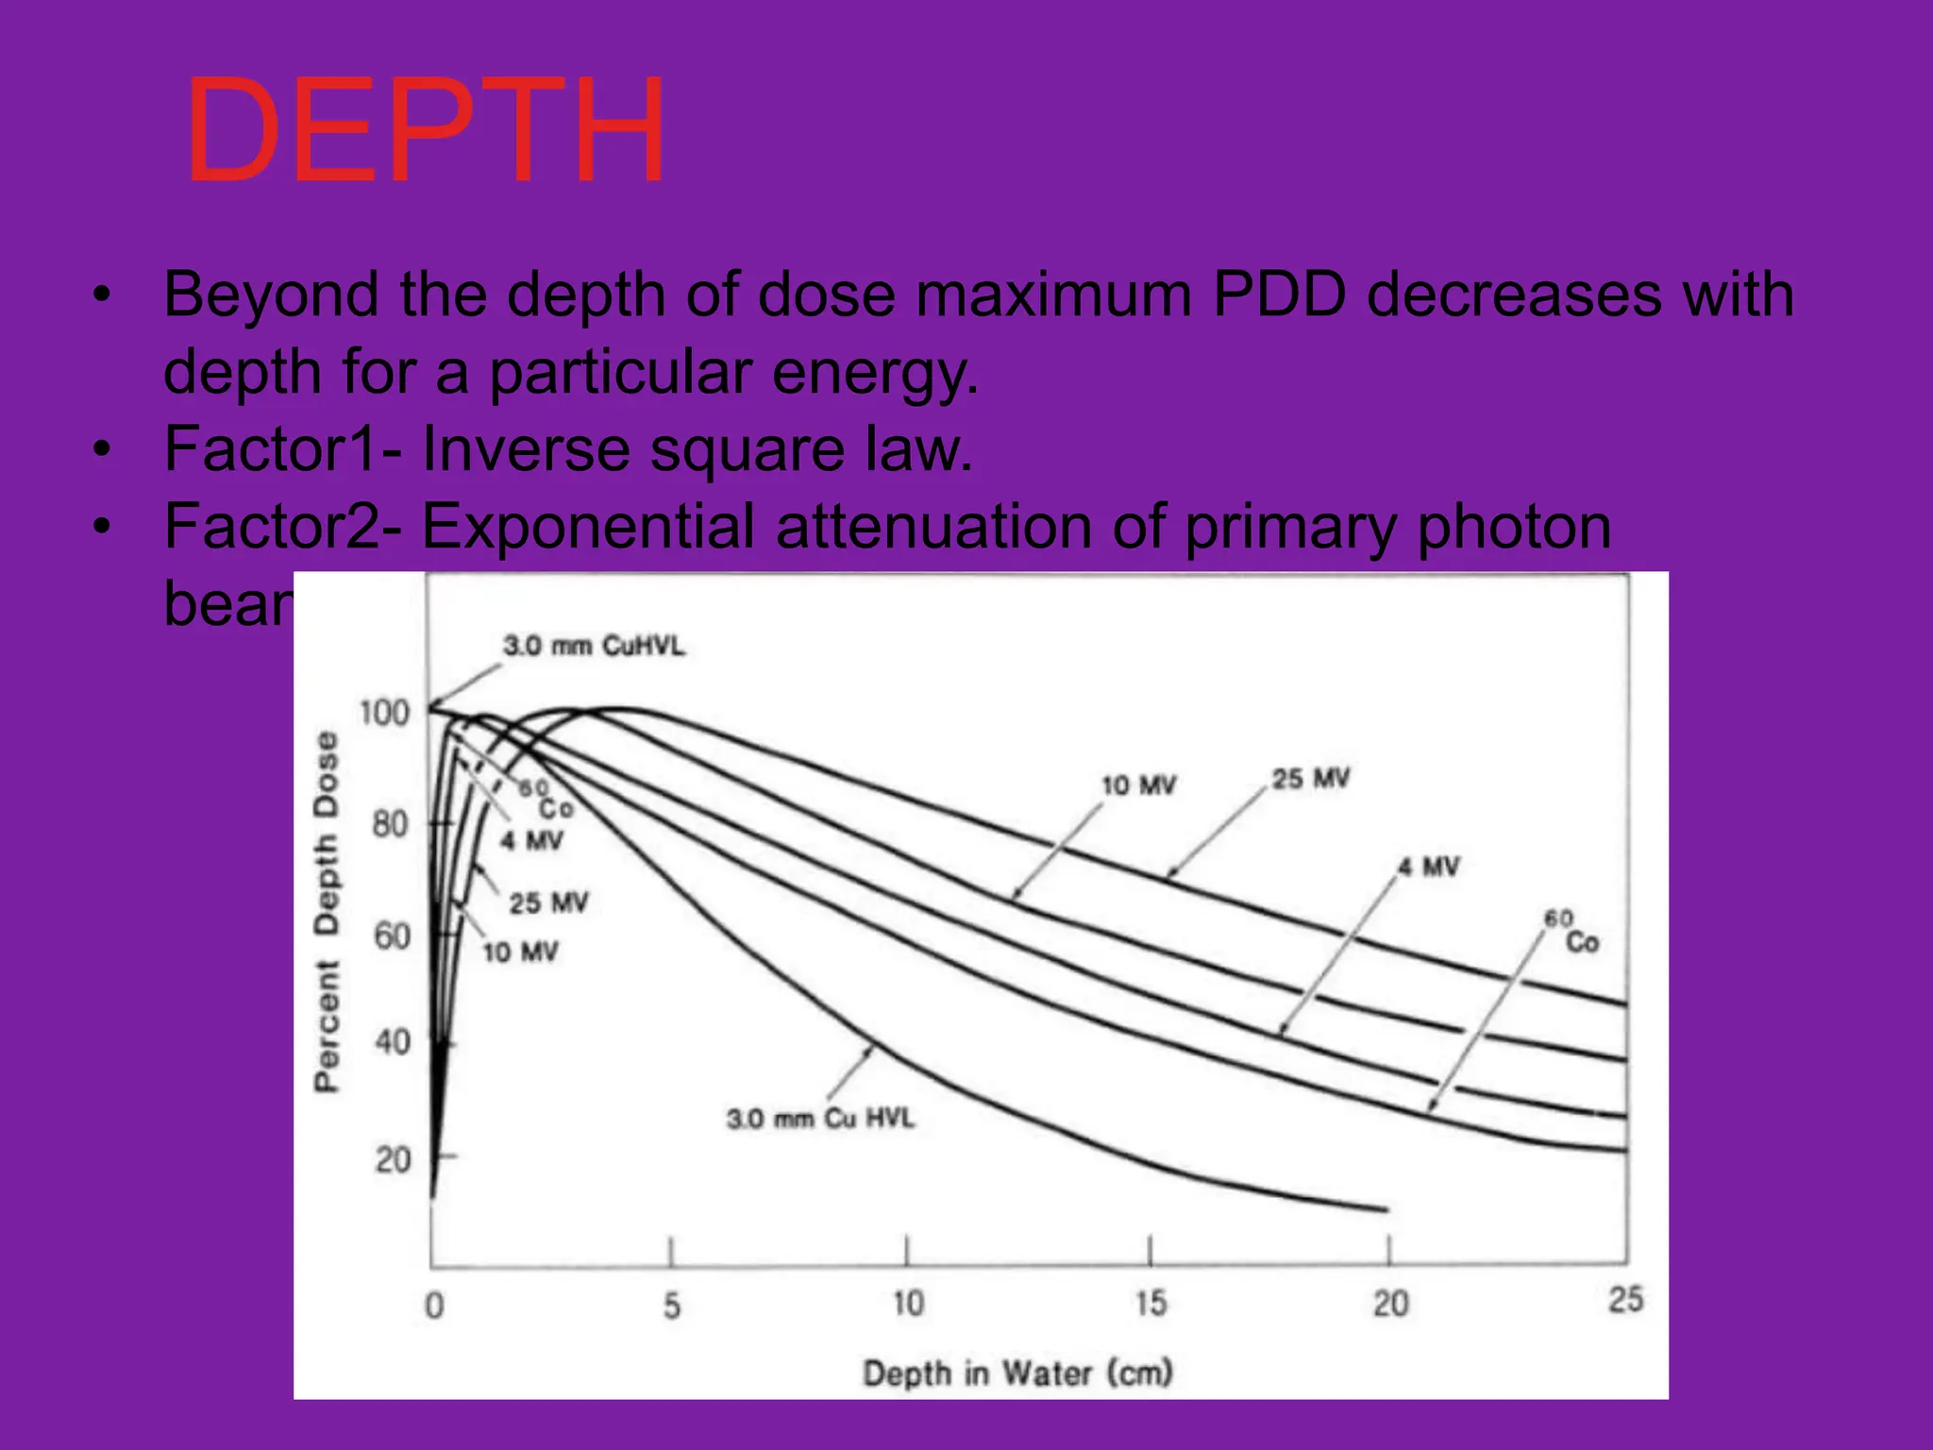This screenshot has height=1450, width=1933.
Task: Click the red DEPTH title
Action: point(426,132)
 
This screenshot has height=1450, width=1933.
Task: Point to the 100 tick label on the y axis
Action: point(385,713)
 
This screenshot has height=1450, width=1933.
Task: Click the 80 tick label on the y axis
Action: point(390,824)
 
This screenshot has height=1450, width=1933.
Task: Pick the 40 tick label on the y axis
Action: point(393,1042)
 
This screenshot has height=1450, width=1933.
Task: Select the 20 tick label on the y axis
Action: point(393,1159)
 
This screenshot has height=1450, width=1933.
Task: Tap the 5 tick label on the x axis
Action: point(671,1307)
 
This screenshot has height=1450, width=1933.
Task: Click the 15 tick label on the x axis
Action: point(1151,1305)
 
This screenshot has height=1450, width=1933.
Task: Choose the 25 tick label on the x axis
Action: point(1625,1300)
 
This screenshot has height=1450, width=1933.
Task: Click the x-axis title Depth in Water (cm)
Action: point(1017,1373)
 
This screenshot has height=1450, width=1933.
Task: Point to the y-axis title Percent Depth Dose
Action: point(326,911)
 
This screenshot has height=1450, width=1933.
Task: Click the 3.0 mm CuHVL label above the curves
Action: point(594,647)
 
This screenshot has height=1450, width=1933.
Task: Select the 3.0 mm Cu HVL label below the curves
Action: point(820,1119)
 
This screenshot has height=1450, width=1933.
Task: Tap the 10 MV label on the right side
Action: point(1138,785)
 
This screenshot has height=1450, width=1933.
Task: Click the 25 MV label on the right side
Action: point(1310,779)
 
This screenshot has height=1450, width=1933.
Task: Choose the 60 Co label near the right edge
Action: point(1572,932)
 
